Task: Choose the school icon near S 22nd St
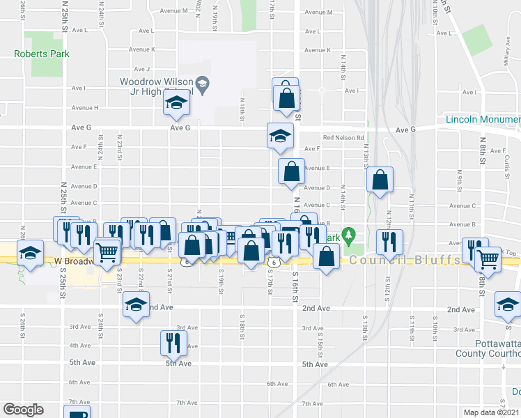click(x=136, y=304)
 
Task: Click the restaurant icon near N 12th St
click(x=389, y=241)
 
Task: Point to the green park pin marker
click(x=353, y=235)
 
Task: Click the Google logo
click(x=23, y=410)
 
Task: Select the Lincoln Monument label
click(x=483, y=120)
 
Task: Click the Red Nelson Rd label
click(x=343, y=138)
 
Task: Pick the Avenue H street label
click(x=86, y=108)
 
